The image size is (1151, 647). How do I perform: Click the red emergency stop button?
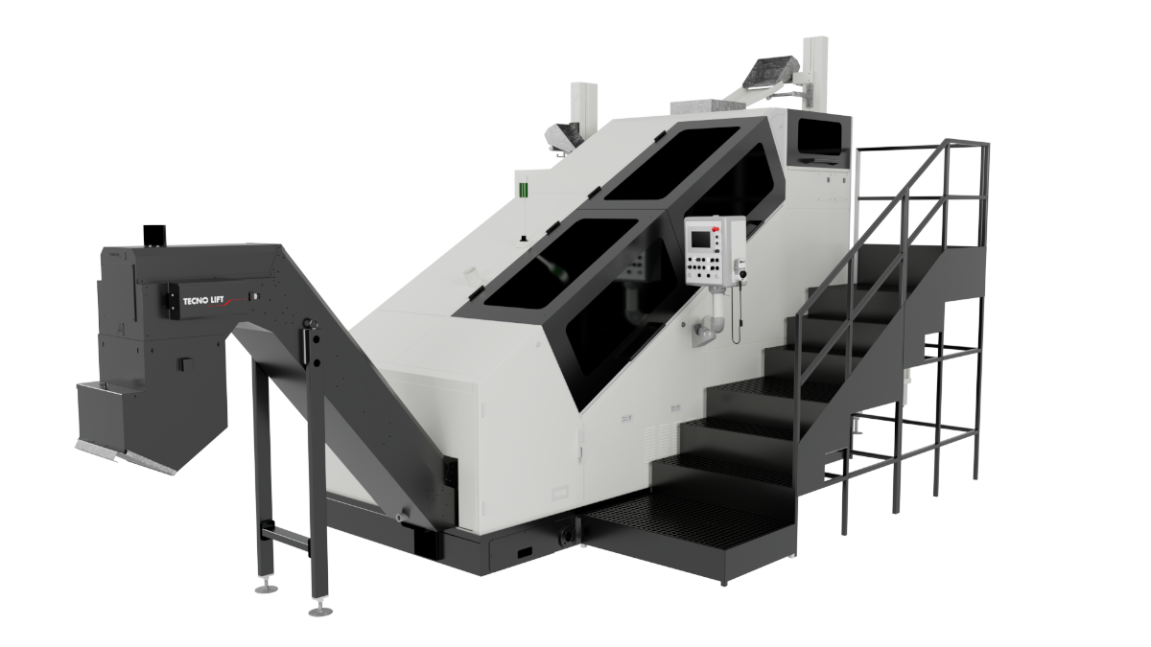(x=715, y=229)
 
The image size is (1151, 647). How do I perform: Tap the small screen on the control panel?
(x=699, y=240)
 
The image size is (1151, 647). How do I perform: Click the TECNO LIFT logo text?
(x=203, y=301)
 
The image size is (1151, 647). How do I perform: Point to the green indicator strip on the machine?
(x=523, y=190)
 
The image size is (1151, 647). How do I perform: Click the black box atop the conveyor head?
(x=154, y=235)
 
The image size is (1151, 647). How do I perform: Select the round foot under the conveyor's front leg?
(x=320, y=611)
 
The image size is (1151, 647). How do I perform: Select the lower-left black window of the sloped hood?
(x=560, y=263)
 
